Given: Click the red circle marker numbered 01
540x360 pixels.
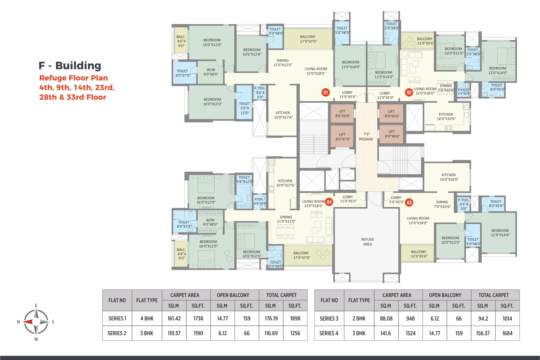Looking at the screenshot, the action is (326, 93).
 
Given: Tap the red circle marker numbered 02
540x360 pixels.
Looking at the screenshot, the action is (409, 93).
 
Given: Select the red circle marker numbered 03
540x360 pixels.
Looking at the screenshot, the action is (409, 203).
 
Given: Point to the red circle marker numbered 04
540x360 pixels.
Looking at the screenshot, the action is (329, 202).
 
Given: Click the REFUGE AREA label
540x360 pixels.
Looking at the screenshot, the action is (367, 242).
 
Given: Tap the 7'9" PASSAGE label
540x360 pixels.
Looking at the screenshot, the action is (366, 137).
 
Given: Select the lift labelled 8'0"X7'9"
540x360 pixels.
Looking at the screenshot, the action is (343, 137).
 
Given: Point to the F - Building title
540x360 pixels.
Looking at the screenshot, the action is (70, 66).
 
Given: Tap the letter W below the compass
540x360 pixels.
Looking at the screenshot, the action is (36, 339).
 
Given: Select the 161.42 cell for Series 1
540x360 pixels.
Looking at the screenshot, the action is (174, 318).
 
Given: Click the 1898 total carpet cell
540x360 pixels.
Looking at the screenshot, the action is (295, 318).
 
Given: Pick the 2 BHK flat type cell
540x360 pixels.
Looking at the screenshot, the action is (359, 318).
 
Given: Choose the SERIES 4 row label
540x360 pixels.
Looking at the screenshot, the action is (329, 333).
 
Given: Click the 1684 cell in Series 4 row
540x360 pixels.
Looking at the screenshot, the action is (507, 333).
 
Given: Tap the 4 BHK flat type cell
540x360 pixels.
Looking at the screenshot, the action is (147, 318).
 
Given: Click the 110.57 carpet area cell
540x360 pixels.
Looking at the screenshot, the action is (174, 333).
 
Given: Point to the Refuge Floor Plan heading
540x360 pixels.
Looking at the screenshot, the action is (73, 78).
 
